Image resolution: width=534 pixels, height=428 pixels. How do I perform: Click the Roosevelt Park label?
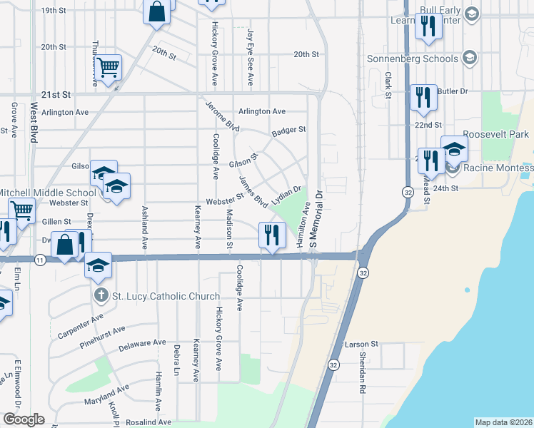[x=495, y=134]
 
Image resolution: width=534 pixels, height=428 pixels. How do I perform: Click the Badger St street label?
[x=288, y=130]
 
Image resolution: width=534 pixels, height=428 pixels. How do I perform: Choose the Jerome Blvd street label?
[x=222, y=115]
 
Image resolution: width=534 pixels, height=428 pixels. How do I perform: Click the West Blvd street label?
[x=34, y=122]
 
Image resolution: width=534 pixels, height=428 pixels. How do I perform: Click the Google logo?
[x=24, y=419]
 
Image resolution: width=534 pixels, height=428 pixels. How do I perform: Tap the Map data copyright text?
[x=503, y=422]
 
